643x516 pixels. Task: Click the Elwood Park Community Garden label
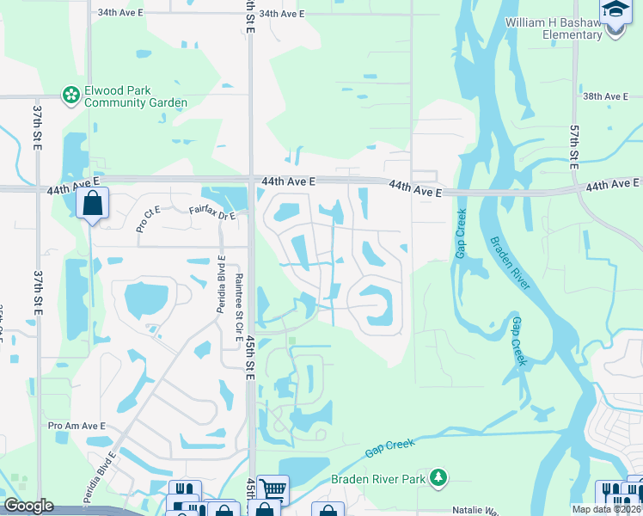pyautogui.click(x=136, y=96)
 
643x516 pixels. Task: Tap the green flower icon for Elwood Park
pyautogui.click(x=70, y=96)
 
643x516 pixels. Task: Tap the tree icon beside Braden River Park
pyautogui.click(x=439, y=476)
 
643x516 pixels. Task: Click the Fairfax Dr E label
pyautogui.click(x=211, y=212)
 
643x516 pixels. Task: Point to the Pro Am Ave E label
pyautogui.click(x=77, y=426)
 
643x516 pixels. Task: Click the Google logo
pyautogui.click(x=28, y=506)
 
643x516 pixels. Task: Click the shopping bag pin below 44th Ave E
pyautogui.click(x=92, y=205)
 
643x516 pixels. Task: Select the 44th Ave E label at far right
pyautogui.click(x=613, y=184)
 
